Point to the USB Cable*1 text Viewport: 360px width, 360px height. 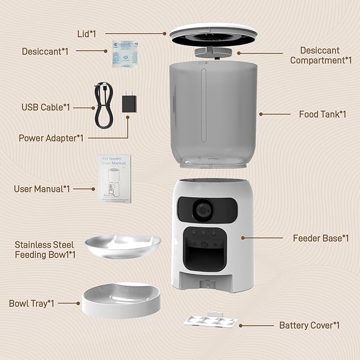point(46,107)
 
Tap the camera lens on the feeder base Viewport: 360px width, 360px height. point(202,210)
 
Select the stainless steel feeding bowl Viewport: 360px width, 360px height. point(123,248)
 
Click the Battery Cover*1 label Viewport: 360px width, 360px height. point(309,325)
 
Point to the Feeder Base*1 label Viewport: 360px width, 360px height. point(321,238)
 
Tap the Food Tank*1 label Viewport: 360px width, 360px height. point(322,114)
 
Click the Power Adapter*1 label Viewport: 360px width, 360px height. point(51,138)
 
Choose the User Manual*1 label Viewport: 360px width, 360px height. point(42,189)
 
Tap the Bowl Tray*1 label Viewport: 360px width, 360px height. point(32,304)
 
